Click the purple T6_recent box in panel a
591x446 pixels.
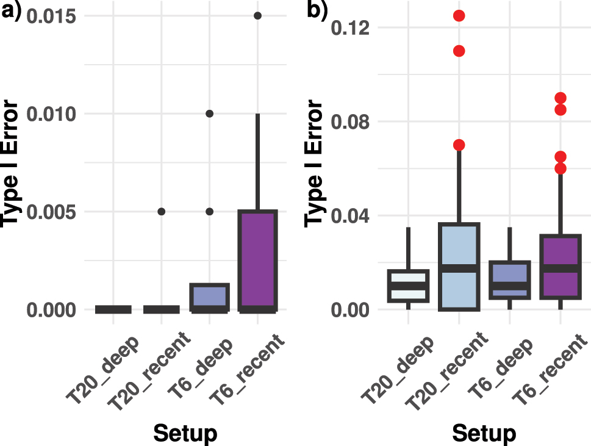257,261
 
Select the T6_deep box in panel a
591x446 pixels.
209,297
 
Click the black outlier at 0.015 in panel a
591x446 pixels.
257,16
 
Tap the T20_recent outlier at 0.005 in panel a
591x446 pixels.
162,212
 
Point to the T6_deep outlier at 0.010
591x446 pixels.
209,113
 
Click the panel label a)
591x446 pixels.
11,11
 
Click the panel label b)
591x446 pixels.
317,11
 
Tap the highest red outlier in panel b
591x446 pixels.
459,16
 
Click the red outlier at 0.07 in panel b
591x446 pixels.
459,145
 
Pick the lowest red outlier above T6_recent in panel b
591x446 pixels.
561,168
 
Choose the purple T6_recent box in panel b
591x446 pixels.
561,267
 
